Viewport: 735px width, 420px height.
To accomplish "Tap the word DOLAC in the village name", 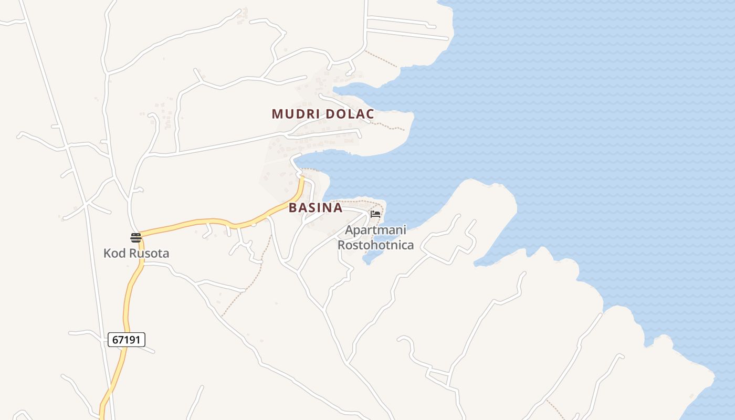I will pyautogui.click(x=350, y=114).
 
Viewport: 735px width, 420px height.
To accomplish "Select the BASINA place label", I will pyautogui.click(x=316, y=207).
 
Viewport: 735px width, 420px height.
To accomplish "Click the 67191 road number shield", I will pyautogui.click(x=127, y=340).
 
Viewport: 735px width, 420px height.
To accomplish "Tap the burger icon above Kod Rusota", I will pyautogui.click(x=136, y=237).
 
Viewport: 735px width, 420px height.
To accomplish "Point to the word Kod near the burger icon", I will pyautogui.click(x=114, y=254).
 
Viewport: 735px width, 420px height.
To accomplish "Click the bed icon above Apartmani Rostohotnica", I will pyautogui.click(x=375, y=214).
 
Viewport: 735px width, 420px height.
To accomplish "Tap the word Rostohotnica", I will pyautogui.click(x=375, y=245).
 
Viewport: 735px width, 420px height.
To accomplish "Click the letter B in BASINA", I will pyautogui.click(x=293, y=207).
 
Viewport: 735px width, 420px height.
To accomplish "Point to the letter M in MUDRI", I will pyautogui.click(x=277, y=114).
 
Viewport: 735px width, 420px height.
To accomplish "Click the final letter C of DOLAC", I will pyautogui.click(x=370, y=114).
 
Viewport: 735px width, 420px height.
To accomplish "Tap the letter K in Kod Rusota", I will pyautogui.click(x=107, y=254).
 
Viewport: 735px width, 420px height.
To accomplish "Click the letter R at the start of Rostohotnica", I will pyautogui.click(x=341, y=245).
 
